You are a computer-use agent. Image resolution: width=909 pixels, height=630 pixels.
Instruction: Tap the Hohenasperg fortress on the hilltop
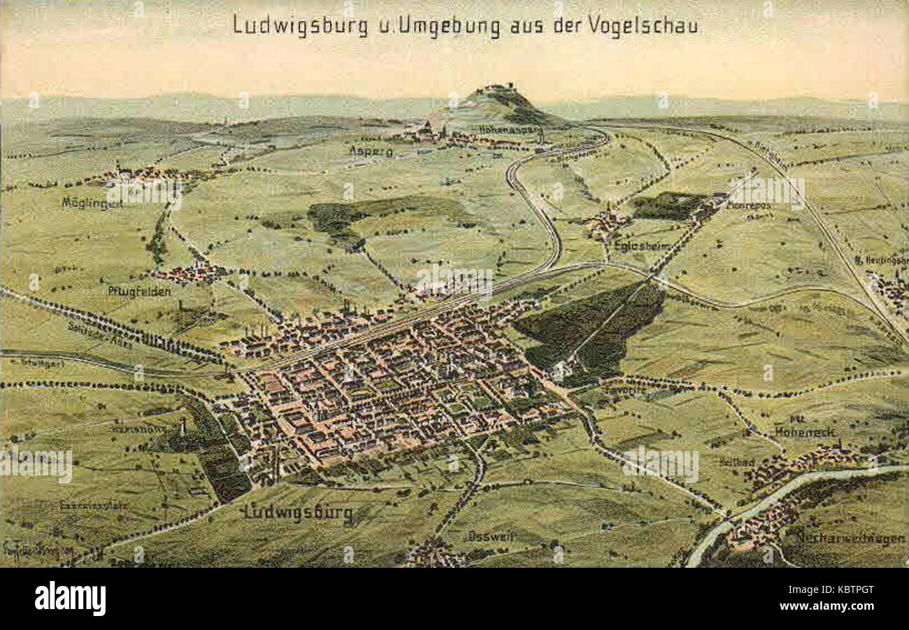pos(497,89)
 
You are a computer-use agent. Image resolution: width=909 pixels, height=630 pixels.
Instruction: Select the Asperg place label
pos(371,151)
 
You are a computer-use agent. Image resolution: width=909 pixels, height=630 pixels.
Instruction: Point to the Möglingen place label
pos(92,203)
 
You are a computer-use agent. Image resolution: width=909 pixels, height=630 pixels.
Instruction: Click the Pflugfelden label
pos(139,291)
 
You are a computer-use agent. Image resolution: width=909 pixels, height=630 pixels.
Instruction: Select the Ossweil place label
pos(492,536)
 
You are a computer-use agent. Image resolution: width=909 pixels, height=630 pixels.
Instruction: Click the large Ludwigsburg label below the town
pos(298,513)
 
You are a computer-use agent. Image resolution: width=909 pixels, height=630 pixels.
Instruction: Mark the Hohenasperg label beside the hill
pos(510,129)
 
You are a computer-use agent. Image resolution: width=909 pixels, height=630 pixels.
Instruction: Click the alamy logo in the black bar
pos(70,599)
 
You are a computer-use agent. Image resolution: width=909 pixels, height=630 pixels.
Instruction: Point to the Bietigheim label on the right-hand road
pos(768,155)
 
